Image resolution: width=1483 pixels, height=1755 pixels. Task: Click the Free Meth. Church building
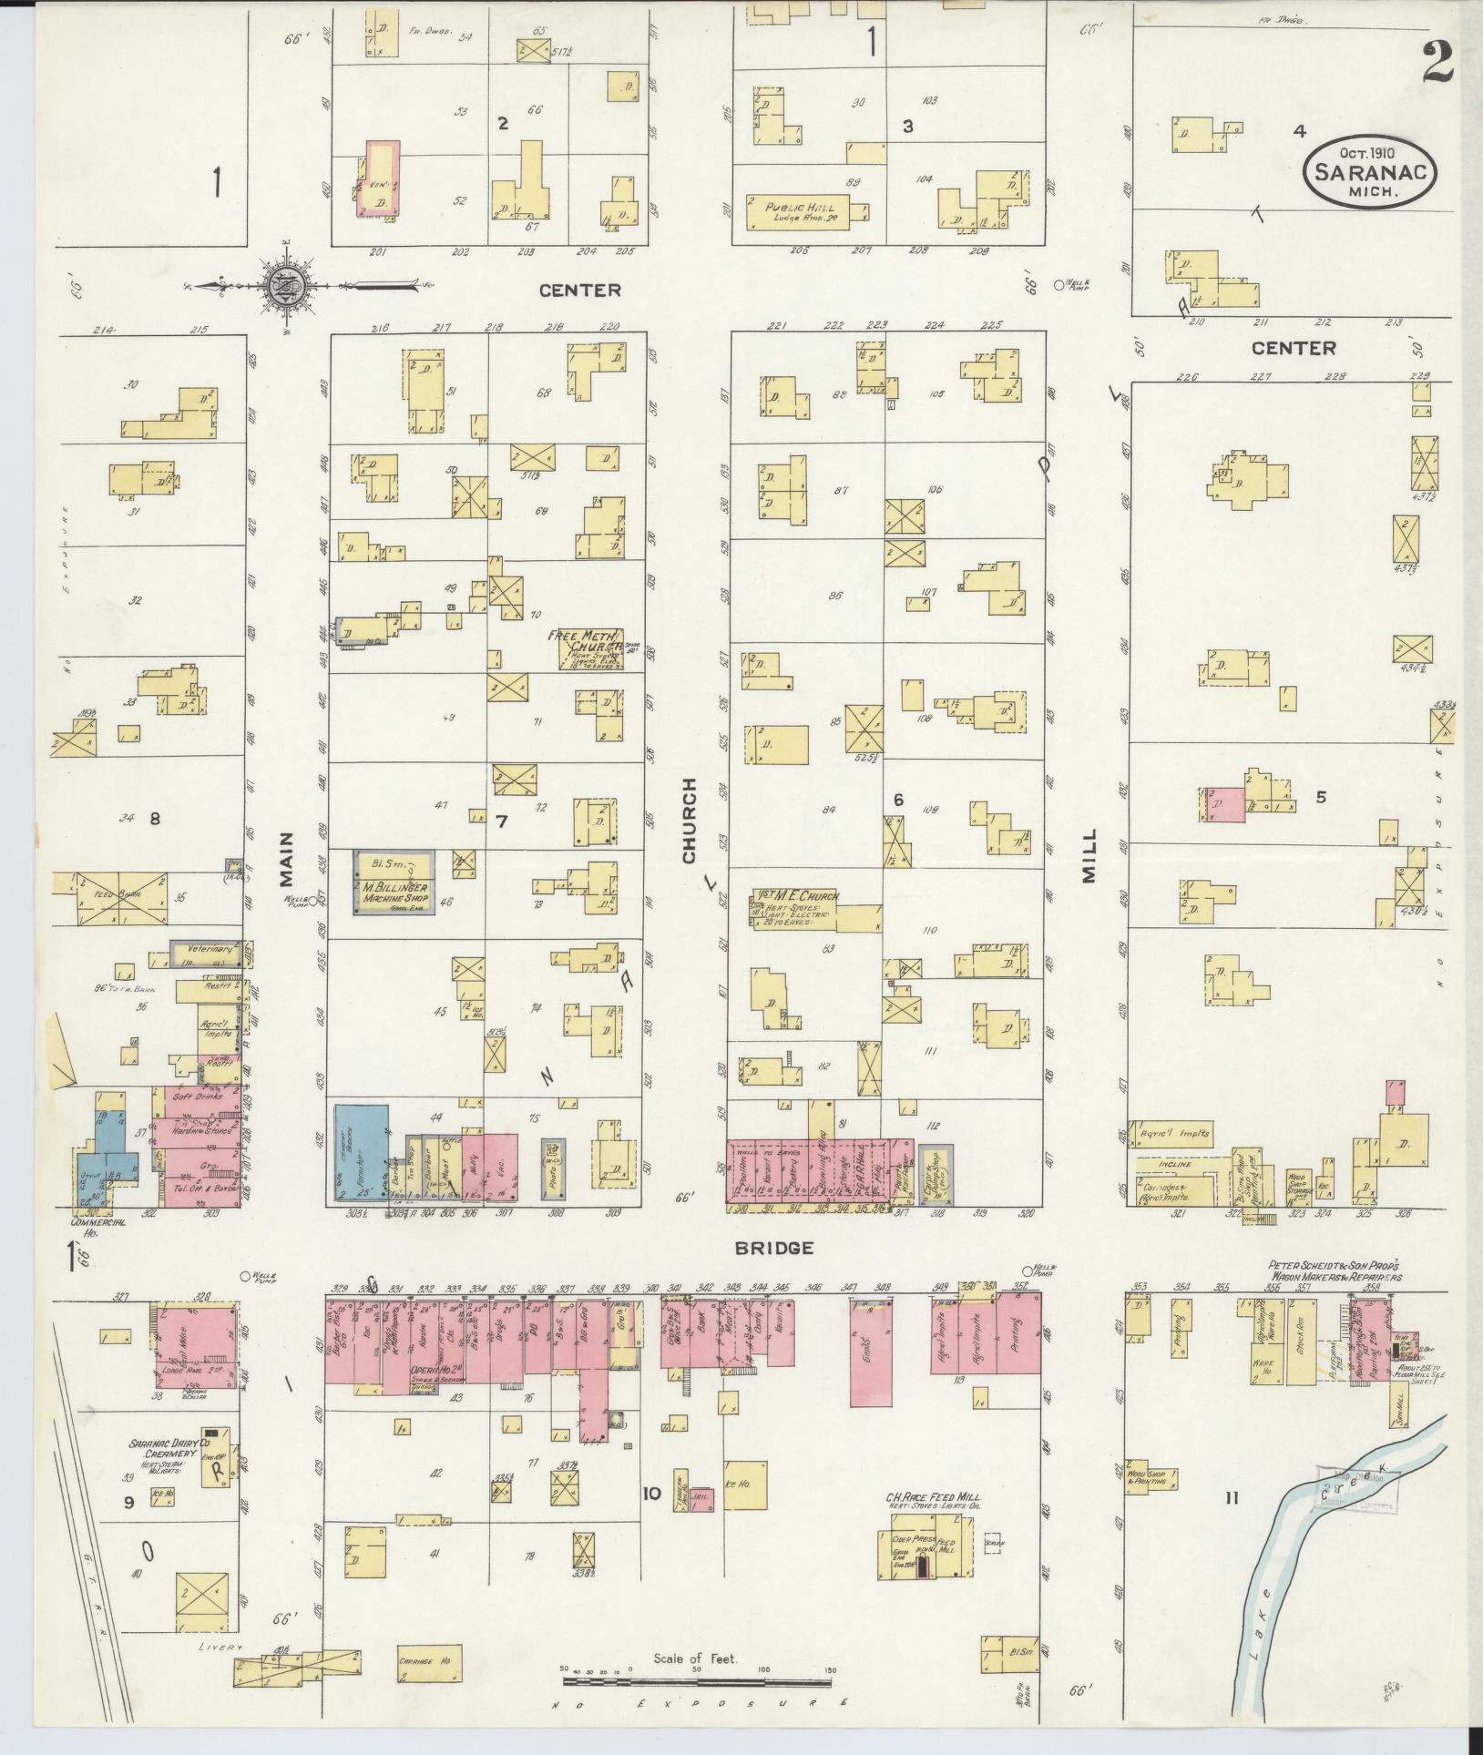[x=586, y=648]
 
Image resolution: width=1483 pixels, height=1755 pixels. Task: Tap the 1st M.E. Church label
[x=793, y=896]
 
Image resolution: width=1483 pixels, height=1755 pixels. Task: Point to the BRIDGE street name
[x=776, y=1247]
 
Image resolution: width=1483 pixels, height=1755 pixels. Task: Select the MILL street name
[x=1089, y=856]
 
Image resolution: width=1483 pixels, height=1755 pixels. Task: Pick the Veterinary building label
[x=211, y=948]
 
